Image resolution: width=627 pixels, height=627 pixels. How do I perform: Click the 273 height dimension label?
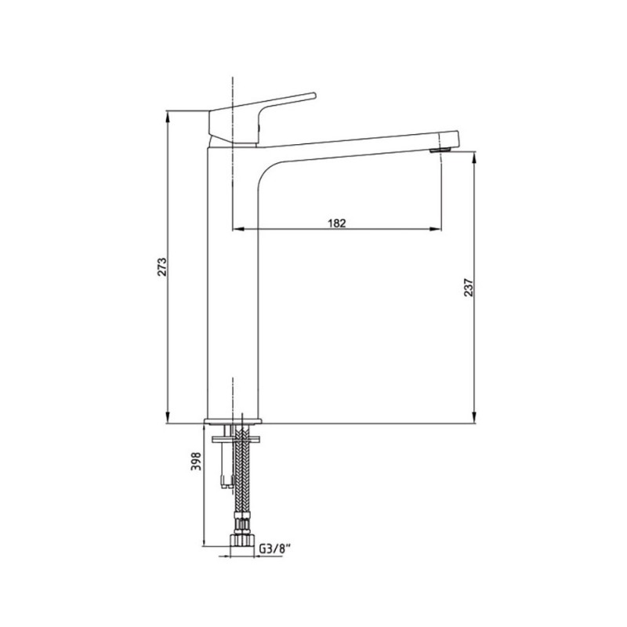tap(161, 266)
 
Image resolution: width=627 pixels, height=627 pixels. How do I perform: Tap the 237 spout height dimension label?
tap(468, 288)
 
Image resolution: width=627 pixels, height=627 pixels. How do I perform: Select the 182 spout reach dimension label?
tap(337, 223)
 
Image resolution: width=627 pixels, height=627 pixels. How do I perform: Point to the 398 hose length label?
tap(196, 461)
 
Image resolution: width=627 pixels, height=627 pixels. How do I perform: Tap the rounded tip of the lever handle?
tap(313, 95)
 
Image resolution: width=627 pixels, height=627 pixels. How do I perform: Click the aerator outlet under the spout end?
tap(440, 150)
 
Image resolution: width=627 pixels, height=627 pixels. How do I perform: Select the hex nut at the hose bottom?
tap(242, 540)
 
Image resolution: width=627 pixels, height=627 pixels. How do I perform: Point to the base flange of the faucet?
tap(233, 421)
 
